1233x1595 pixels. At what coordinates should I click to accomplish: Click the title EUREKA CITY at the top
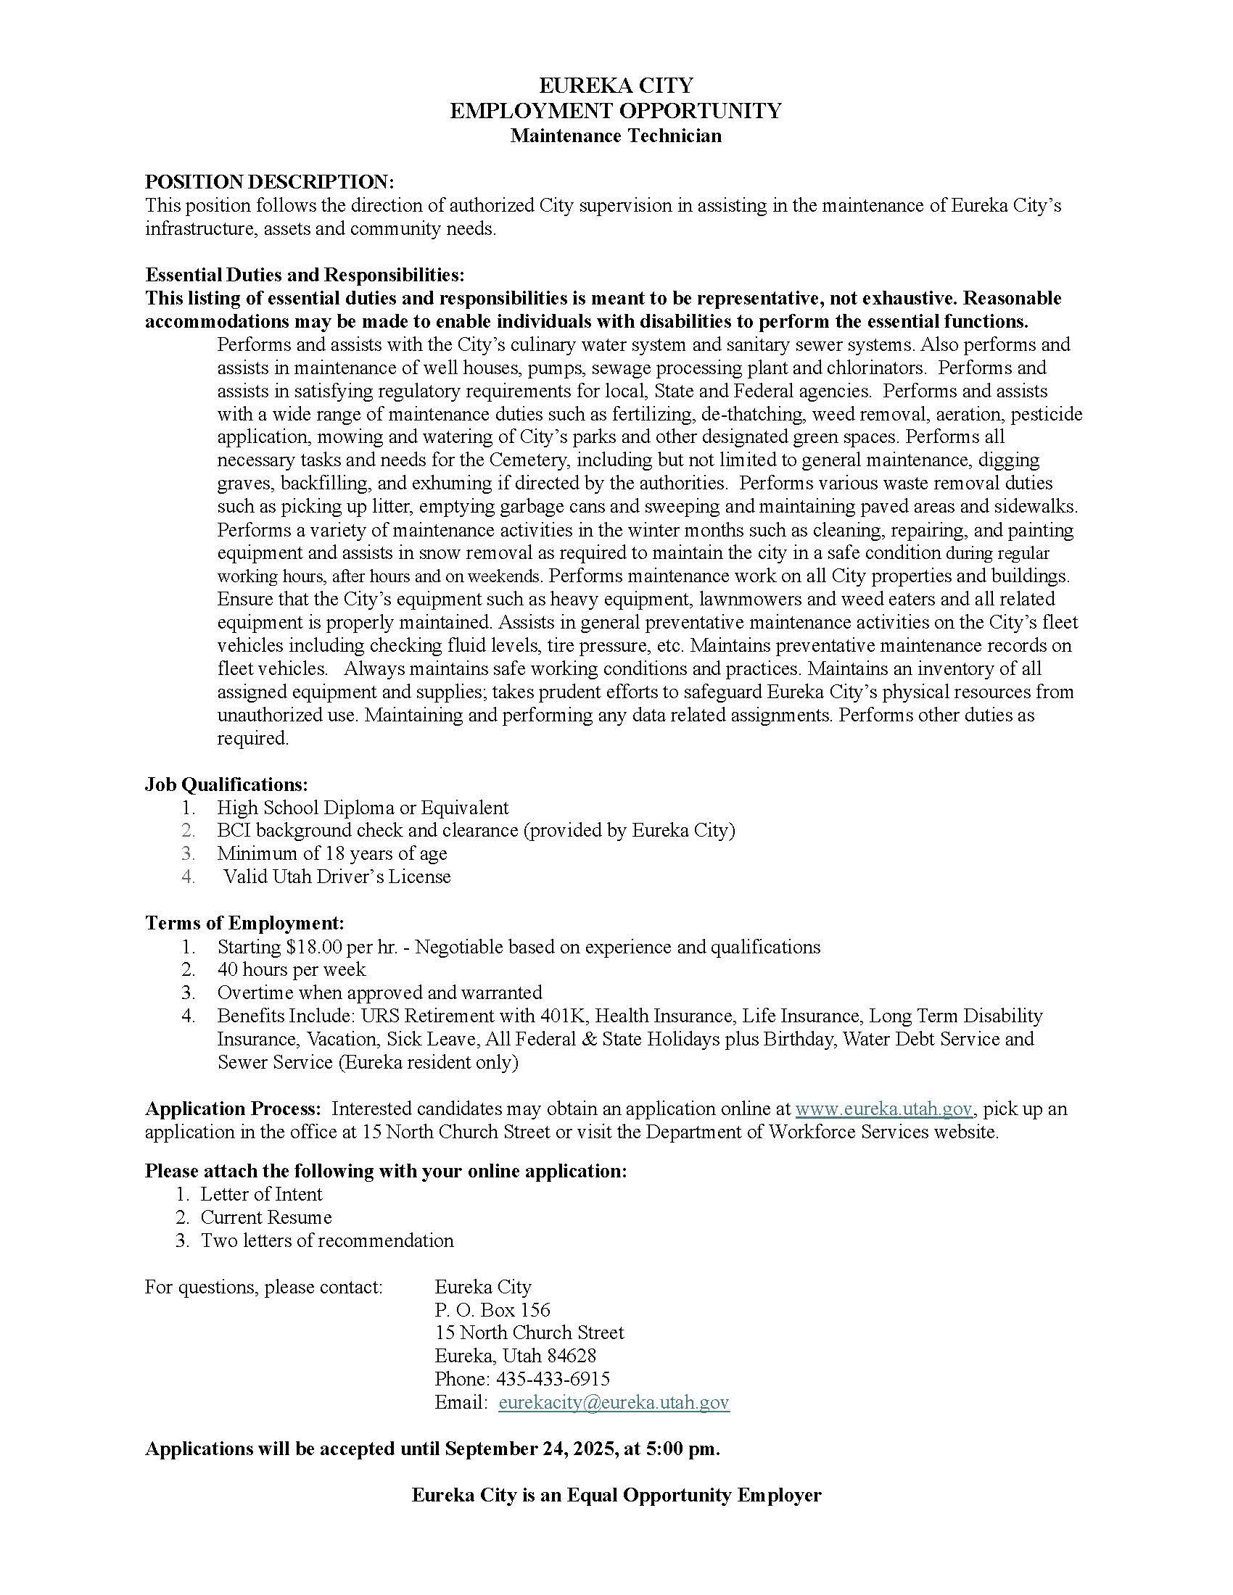(x=616, y=86)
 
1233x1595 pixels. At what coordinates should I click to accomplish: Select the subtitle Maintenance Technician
(x=616, y=136)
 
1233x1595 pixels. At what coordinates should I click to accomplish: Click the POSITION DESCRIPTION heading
(x=269, y=182)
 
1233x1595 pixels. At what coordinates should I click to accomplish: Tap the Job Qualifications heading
(x=226, y=784)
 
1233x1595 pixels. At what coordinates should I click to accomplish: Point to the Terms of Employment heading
(x=244, y=923)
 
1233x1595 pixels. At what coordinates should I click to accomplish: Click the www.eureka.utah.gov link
(x=884, y=1109)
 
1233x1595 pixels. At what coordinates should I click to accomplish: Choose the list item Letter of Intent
(x=262, y=1194)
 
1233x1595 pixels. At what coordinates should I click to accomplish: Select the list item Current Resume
(x=266, y=1217)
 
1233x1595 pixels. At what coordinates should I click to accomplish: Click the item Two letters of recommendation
(x=327, y=1240)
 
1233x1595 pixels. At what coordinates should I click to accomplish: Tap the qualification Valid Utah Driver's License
(x=337, y=877)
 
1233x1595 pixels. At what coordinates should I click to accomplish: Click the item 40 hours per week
(x=292, y=970)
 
